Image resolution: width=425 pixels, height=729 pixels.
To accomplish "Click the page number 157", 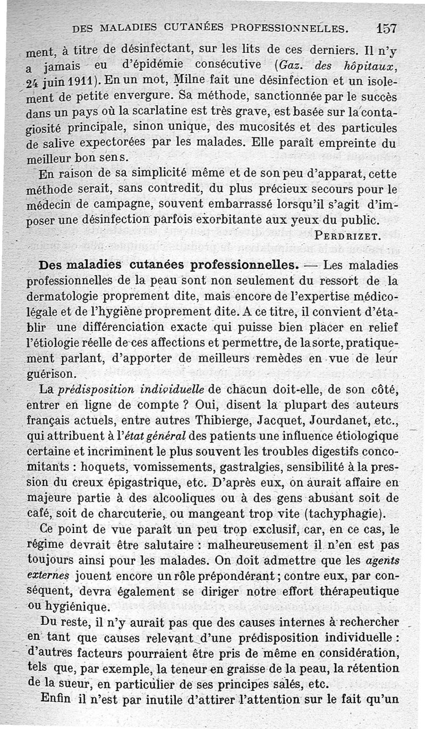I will click(x=386, y=28).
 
